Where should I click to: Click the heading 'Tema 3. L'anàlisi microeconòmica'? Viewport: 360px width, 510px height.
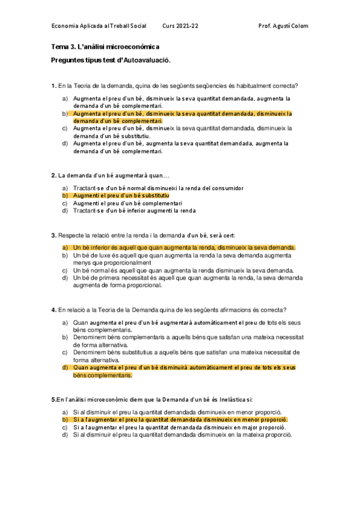pyautogui.click(x=105, y=47)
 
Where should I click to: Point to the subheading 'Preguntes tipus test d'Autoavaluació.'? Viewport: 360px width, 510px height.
pyautogui.click(x=111, y=60)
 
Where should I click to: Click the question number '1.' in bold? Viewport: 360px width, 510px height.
pyautogui.click(x=54, y=85)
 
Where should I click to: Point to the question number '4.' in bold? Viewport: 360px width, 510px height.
pyautogui.click(x=54, y=310)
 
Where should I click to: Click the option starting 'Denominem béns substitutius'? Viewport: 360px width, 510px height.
pyautogui.click(x=186, y=356)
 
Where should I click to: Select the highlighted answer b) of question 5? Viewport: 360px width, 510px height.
pyautogui.click(x=180, y=419)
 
